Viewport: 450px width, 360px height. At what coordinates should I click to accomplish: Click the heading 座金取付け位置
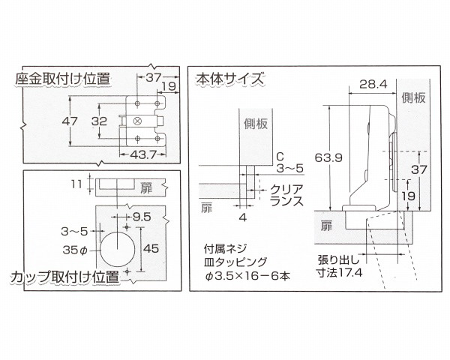[63, 79]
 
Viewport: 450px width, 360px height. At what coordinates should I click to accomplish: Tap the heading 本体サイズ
[229, 79]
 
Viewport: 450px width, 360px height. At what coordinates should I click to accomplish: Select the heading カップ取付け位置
[64, 277]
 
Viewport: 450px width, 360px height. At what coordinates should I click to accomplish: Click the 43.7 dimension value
[143, 155]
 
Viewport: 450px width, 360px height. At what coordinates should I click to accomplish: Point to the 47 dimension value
[70, 121]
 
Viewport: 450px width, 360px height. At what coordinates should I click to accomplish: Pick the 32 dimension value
[99, 121]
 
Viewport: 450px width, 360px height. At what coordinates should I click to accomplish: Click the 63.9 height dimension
[328, 157]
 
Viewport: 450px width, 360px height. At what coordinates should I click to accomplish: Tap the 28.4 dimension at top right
[373, 84]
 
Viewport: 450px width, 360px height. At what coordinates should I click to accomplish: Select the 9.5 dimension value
[142, 217]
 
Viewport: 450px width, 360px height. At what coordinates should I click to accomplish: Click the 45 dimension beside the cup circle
[151, 248]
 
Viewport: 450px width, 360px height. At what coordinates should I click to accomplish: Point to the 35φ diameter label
[75, 250]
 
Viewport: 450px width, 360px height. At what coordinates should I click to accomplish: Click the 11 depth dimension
[76, 184]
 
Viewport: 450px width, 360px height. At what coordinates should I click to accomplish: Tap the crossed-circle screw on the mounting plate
[137, 121]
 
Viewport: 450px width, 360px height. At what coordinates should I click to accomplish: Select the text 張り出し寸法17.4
[339, 266]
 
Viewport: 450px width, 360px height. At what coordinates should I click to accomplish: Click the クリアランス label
[286, 195]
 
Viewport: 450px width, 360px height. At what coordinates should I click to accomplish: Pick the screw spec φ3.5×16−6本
[247, 276]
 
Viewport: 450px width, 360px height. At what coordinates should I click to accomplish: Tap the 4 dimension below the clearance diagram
[243, 218]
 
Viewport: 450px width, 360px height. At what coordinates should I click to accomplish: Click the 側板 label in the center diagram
[256, 124]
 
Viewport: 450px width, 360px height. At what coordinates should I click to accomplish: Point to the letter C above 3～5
[280, 157]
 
